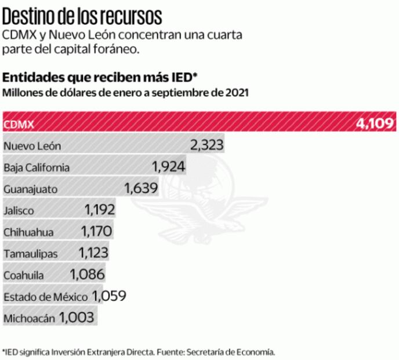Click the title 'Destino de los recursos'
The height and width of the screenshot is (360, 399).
click(x=82, y=15)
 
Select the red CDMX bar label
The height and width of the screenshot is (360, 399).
click(x=19, y=124)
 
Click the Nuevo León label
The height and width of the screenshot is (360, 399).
click(x=32, y=146)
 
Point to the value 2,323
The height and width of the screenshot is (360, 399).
click(x=206, y=145)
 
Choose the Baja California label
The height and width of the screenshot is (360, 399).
click(x=37, y=168)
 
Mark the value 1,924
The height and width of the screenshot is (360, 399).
click(x=169, y=167)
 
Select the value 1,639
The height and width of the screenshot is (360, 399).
click(x=141, y=189)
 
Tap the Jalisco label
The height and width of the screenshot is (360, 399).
click(x=19, y=211)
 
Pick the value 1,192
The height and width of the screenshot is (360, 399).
click(x=99, y=210)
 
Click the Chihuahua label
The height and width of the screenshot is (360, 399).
click(x=28, y=232)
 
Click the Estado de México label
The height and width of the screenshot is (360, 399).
click(x=45, y=297)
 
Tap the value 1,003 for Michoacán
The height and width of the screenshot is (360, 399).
click(x=78, y=318)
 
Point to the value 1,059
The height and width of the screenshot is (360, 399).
click(x=109, y=296)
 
